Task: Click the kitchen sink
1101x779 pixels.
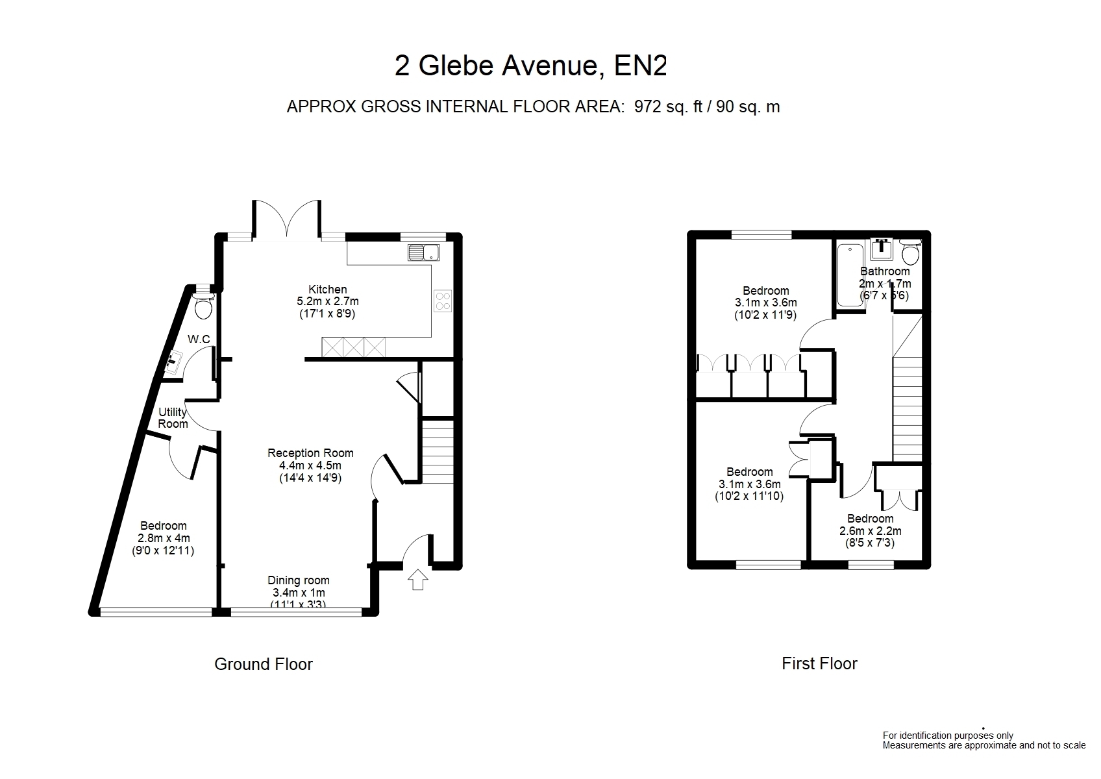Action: [x=423, y=252]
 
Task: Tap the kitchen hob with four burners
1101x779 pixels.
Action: [x=443, y=301]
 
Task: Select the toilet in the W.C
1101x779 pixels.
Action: [x=203, y=306]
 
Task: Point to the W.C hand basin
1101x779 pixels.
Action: [x=173, y=363]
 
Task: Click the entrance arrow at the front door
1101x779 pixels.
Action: [x=417, y=579]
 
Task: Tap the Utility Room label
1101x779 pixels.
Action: [x=173, y=418]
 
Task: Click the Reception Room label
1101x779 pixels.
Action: [x=310, y=452]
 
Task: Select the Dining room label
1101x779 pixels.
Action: [x=299, y=580]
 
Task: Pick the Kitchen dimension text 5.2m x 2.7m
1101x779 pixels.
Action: [x=328, y=301]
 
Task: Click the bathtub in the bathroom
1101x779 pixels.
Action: [x=850, y=275]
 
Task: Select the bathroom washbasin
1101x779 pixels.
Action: [x=882, y=249]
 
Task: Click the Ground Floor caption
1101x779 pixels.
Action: [x=264, y=665]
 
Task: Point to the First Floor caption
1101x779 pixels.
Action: [x=819, y=664]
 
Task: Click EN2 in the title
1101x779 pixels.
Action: [x=641, y=66]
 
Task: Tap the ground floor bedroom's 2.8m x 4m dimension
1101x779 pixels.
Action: [x=164, y=538]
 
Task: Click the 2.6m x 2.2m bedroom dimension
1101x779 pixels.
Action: [x=871, y=531]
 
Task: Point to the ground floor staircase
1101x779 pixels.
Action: [x=438, y=451]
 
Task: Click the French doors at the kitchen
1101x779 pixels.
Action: [x=287, y=219]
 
